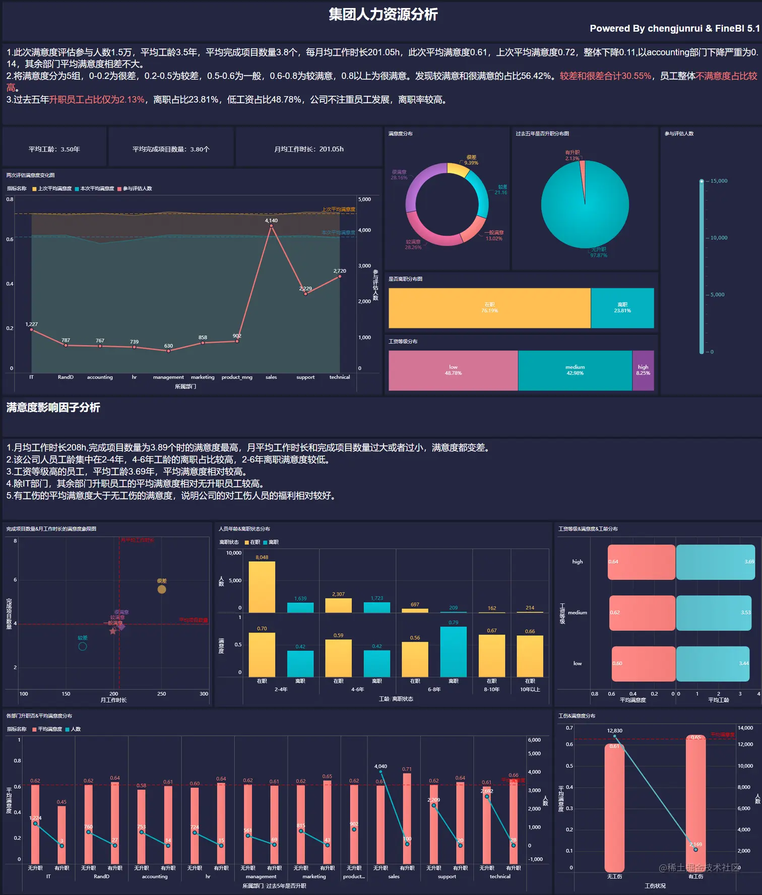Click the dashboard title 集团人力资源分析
pos(383,15)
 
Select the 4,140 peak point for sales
pos(271,226)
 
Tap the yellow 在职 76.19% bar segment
pos(489,308)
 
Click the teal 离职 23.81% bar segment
pos(622,308)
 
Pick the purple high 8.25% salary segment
pos(643,370)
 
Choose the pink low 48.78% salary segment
pos(453,370)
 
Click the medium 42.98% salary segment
pos(575,370)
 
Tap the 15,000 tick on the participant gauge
pos(719,181)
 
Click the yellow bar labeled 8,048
pos(262,587)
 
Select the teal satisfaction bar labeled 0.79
pos(453,652)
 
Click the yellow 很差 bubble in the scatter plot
pos(162,589)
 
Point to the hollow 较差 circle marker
pos(83,646)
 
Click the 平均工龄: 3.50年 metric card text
pos(54,149)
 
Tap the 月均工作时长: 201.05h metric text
pos(309,149)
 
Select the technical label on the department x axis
pos(340,377)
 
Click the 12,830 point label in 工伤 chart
pos(614,731)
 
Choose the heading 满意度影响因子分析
pos(53,407)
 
